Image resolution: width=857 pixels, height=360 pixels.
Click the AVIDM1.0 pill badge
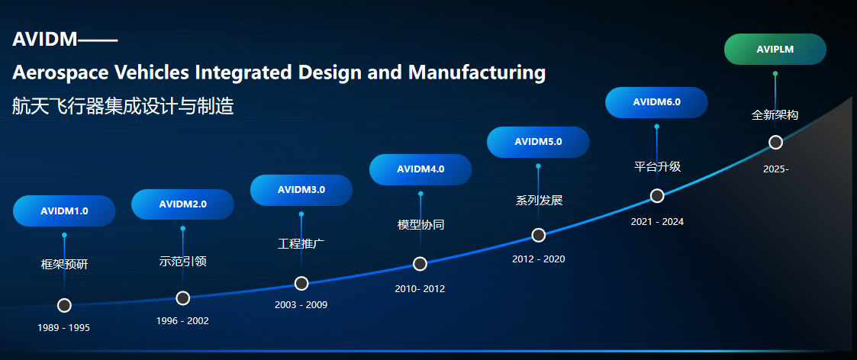tap(64, 211)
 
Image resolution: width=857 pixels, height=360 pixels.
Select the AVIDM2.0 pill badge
tap(182, 204)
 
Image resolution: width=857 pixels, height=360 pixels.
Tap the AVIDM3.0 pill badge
tap(301, 190)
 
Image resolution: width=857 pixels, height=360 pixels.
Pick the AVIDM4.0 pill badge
tap(420, 169)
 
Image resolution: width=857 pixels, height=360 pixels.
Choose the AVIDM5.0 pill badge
tap(538, 142)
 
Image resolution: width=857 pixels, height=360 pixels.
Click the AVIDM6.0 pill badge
tap(656, 102)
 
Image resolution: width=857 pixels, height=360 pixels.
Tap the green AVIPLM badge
tap(775, 49)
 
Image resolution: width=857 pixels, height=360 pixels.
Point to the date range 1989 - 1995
tap(63, 328)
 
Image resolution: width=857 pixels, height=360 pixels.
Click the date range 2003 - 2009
tap(301, 305)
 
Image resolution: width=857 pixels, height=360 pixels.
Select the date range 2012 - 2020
tap(538, 259)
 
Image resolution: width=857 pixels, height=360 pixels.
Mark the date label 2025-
tap(775, 169)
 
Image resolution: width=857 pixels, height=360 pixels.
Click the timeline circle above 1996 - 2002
tap(182, 297)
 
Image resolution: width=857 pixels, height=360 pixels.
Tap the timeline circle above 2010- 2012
tap(420, 264)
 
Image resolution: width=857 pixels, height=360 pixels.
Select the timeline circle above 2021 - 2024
tap(657, 195)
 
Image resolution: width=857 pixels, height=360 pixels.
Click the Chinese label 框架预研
tap(65, 265)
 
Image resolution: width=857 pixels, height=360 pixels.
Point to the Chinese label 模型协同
tap(420, 224)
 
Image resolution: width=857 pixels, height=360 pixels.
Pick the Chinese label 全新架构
tap(775, 115)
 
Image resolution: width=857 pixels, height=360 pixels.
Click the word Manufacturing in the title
tap(477, 72)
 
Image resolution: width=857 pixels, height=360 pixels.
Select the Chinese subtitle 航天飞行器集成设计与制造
tap(123, 106)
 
